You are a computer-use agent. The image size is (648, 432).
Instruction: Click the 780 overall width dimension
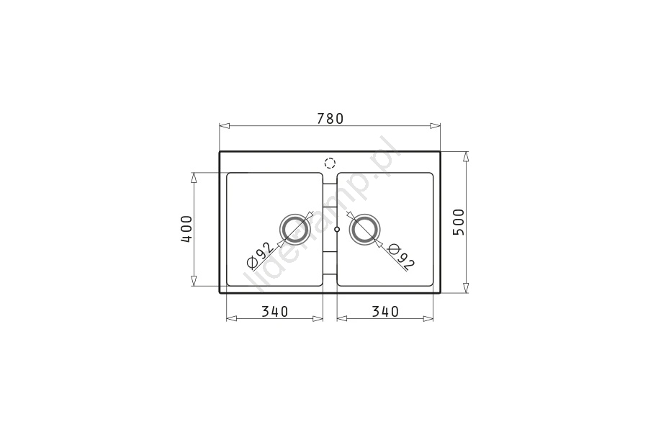click(330, 119)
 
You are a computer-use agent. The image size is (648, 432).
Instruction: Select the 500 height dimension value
click(459, 222)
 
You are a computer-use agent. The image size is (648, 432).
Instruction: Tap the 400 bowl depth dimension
click(186, 229)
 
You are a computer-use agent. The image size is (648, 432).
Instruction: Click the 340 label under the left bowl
click(275, 311)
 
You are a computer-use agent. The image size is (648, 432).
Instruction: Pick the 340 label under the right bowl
click(385, 311)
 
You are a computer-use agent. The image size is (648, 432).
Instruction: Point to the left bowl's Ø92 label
click(259, 254)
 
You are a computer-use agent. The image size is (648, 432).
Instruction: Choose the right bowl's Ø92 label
click(401, 256)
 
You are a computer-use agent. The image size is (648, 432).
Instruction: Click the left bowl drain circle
click(294, 229)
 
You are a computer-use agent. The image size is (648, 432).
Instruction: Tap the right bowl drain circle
click(364, 229)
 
